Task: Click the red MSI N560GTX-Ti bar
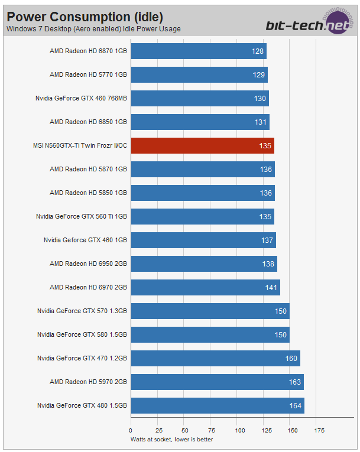click(202, 145)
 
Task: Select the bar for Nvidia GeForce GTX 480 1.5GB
click(217, 405)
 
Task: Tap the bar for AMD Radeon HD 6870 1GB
click(198, 51)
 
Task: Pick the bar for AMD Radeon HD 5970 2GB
click(216, 382)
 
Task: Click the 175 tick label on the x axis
click(320, 430)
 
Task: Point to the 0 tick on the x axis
click(131, 430)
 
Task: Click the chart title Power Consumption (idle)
click(85, 17)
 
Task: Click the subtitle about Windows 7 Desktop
click(93, 28)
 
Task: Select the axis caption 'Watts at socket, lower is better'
click(171, 439)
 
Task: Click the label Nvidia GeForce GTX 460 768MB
click(81, 98)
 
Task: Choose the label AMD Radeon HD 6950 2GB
click(88, 264)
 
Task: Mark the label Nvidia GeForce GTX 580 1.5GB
click(82, 334)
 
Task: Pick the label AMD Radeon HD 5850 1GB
click(88, 193)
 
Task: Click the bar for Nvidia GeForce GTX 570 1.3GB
click(209, 311)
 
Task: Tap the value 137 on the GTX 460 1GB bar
click(267, 240)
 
